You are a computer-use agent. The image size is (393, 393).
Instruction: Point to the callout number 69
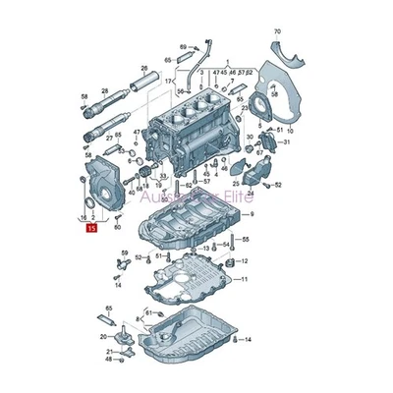click(184, 47)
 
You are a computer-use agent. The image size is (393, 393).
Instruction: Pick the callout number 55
click(245, 240)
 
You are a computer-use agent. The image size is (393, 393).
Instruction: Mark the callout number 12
click(245, 261)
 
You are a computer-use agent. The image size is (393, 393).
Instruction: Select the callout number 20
click(103, 336)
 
